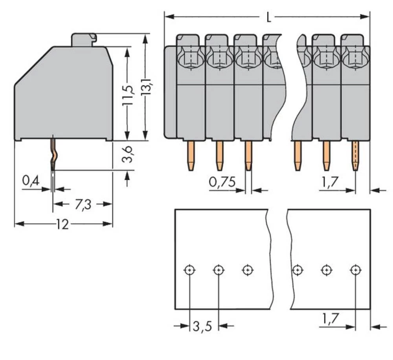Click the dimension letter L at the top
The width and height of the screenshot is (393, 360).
(268, 17)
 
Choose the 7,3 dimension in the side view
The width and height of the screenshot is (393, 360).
(83, 204)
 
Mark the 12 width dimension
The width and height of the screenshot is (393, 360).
(62, 224)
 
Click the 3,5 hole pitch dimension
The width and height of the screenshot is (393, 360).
(202, 326)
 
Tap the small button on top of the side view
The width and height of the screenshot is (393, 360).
(83, 40)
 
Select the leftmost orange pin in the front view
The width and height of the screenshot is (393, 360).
(191, 155)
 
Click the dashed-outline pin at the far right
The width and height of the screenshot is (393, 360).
(355, 155)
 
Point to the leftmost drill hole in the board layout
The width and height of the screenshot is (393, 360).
(189, 270)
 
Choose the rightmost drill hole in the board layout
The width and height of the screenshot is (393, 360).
(355, 270)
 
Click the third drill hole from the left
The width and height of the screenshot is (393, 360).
(247, 270)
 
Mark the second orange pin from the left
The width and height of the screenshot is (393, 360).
(219, 155)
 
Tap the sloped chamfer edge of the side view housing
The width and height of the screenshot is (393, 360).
(33, 66)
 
